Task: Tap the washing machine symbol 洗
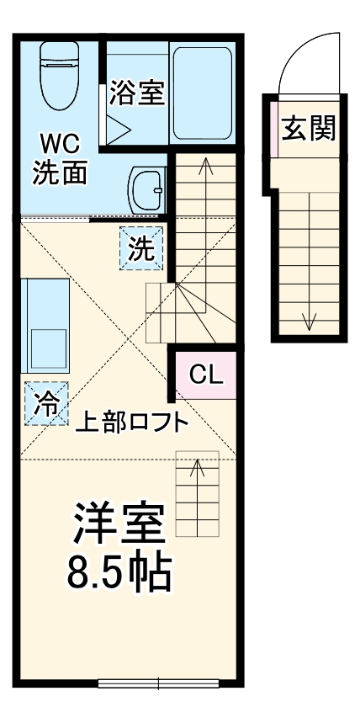141,249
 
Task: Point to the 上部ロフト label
131,423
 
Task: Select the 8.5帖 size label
119,574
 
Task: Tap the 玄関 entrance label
309,129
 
